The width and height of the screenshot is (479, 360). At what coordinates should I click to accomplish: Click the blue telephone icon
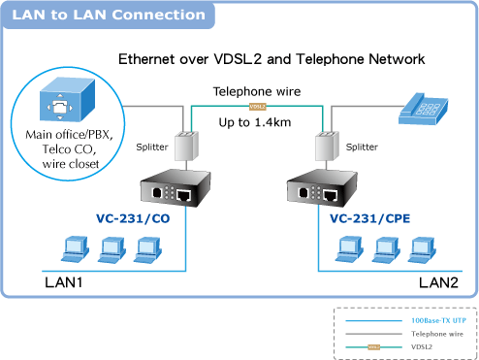tap(423, 109)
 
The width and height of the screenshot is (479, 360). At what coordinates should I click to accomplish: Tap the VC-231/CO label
tap(133, 218)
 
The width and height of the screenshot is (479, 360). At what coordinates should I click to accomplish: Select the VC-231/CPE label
tap(369, 218)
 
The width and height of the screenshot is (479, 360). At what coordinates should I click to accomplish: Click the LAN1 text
tap(64, 282)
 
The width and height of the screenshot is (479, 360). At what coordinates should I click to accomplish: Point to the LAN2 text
tap(438, 282)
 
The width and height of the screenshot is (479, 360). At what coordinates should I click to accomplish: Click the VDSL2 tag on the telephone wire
tap(258, 107)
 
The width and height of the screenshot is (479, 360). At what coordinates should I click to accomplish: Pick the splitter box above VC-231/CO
tap(186, 146)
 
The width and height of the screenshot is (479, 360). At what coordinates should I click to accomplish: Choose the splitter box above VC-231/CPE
tap(327, 146)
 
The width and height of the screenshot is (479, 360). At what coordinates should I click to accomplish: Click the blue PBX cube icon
tap(67, 99)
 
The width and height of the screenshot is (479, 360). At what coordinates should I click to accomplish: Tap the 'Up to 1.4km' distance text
tap(255, 122)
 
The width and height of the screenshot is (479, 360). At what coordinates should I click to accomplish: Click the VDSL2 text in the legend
tap(422, 346)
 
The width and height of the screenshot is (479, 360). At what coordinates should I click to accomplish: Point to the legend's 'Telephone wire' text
tap(437, 334)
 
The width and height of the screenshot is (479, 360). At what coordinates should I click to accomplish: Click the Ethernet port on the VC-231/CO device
tap(184, 195)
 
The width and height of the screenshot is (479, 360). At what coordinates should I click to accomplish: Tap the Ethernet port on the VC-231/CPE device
tap(331, 195)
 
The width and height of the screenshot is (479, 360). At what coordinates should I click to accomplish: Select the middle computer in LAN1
tap(112, 250)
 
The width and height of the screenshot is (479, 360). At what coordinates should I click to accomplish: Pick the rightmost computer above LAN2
tap(422, 250)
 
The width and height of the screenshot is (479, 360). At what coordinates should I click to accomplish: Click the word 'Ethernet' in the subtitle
tap(147, 59)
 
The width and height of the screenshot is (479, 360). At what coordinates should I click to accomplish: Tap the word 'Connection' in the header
tap(159, 15)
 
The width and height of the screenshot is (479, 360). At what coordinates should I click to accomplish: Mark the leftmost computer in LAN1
tap(76, 249)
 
